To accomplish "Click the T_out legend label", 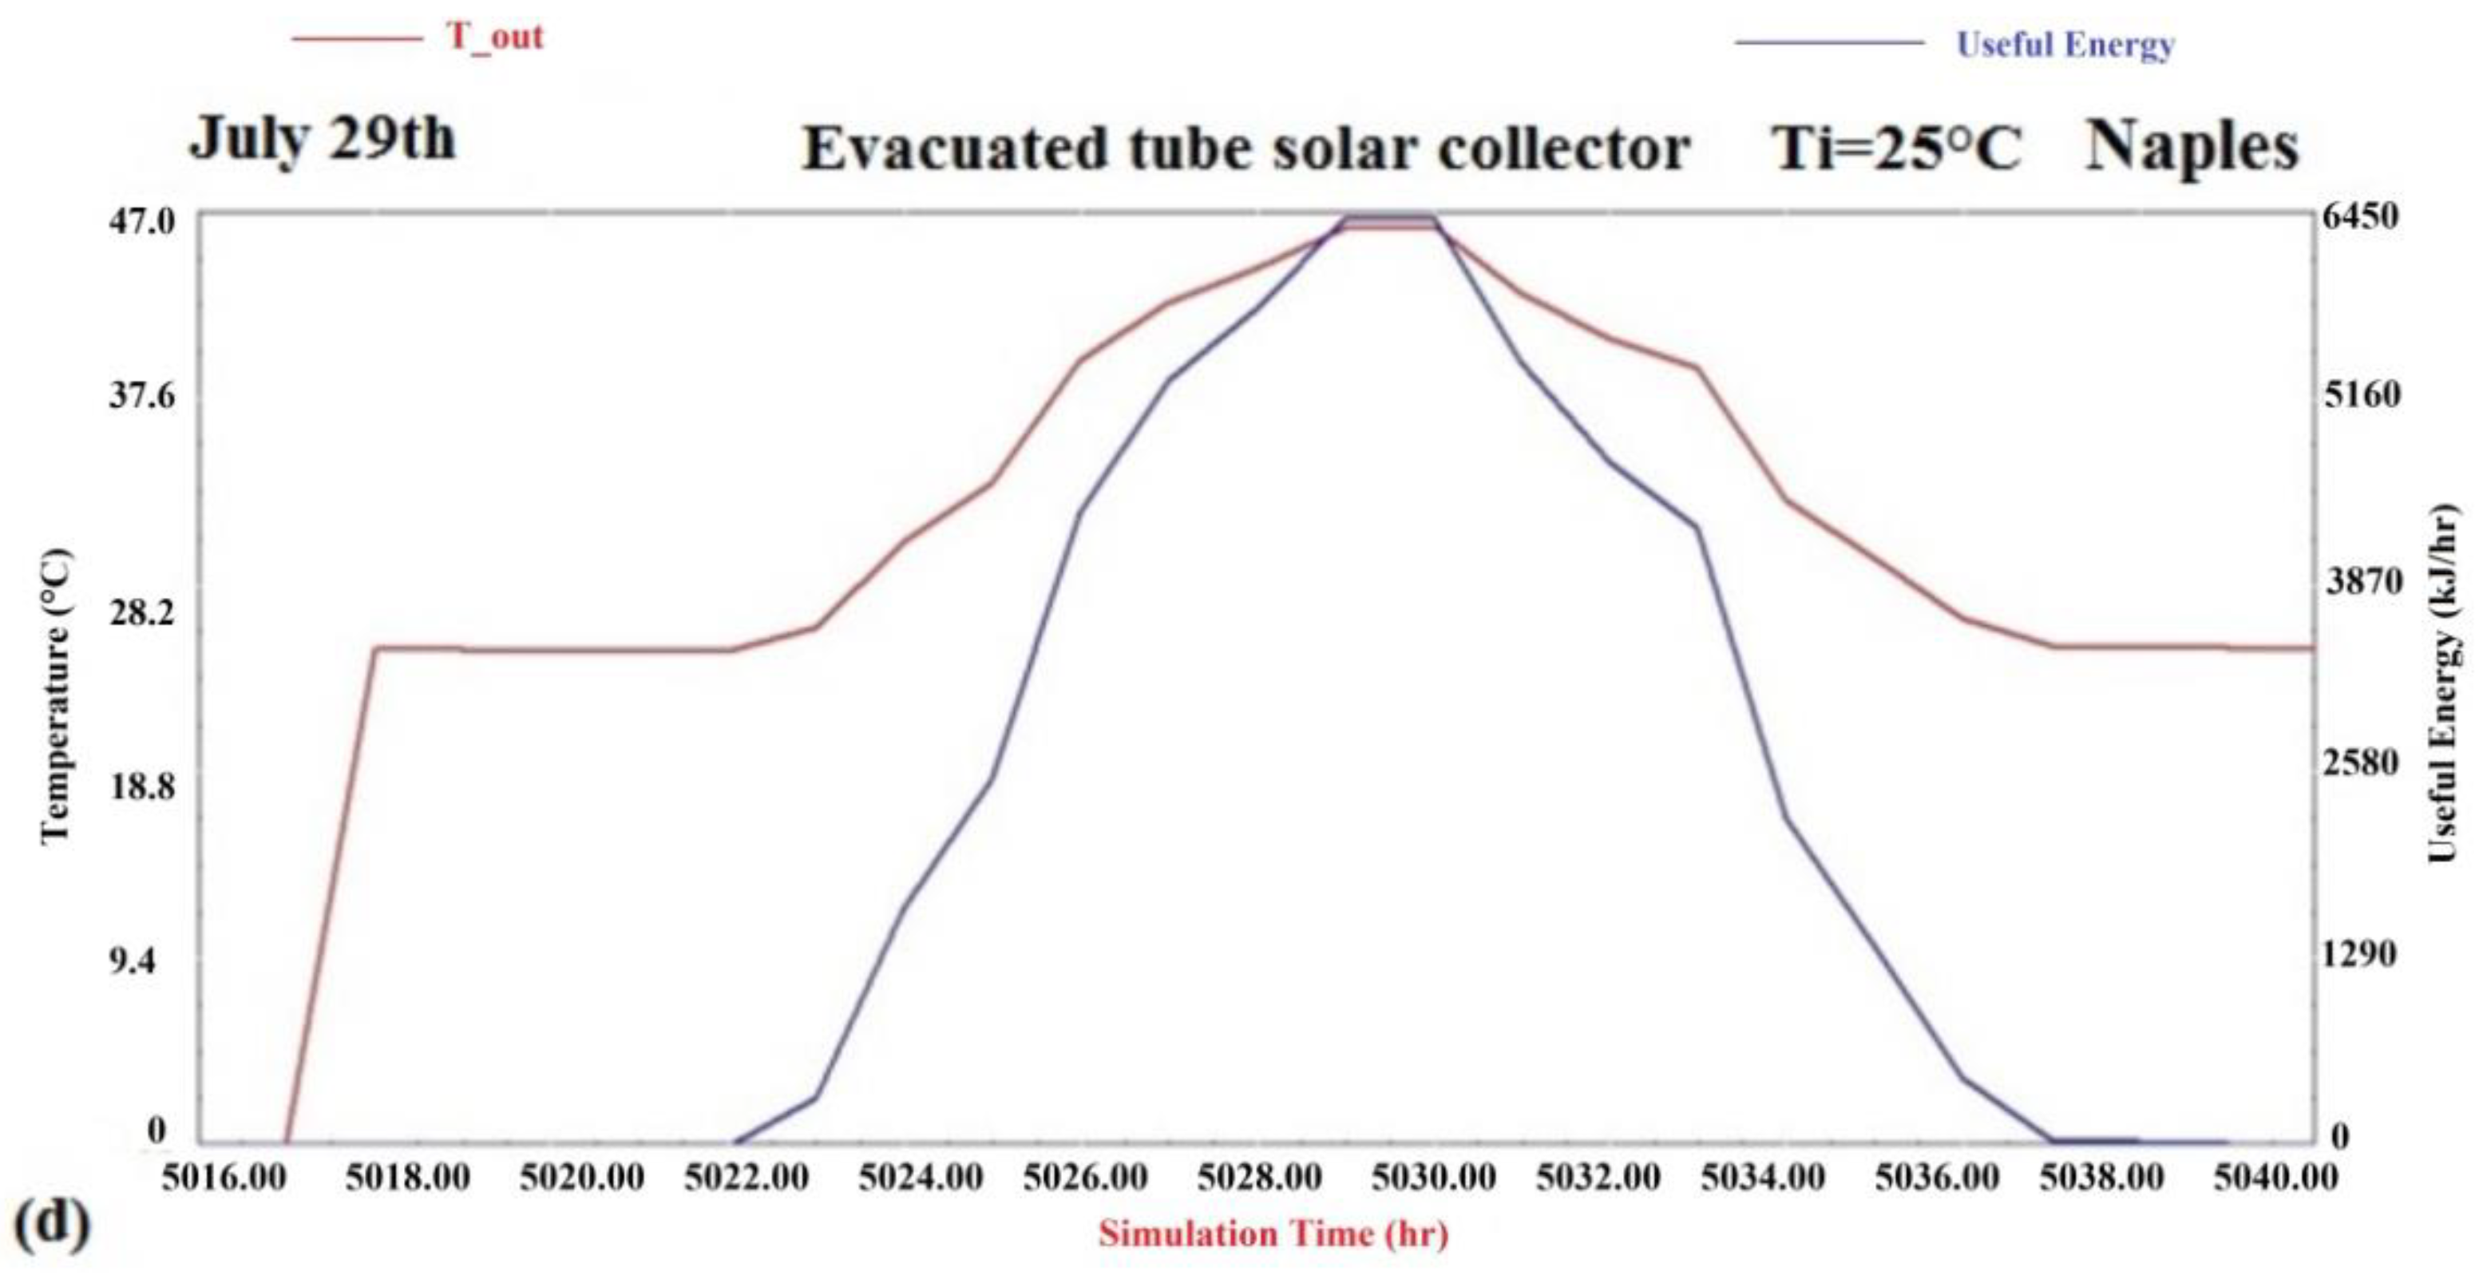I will pyautogui.click(x=494, y=37).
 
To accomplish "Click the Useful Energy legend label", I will pyautogui.click(x=2065, y=45).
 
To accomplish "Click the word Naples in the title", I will pyautogui.click(x=2192, y=148).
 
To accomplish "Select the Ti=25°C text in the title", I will pyautogui.click(x=1896, y=149).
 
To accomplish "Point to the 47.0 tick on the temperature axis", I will pyautogui.click(x=141, y=222).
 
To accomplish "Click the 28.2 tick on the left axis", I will pyautogui.click(x=141, y=612).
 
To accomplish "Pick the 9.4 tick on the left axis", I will pyautogui.click(x=131, y=962).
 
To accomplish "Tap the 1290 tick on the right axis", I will pyautogui.click(x=2358, y=954).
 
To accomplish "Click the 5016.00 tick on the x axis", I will pyautogui.click(x=224, y=1178).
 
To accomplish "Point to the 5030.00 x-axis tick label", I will pyautogui.click(x=1433, y=1178).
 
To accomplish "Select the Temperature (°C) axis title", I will pyautogui.click(x=56, y=696).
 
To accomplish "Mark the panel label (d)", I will pyautogui.click(x=52, y=1223).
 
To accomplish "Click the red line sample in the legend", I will pyautogui.click(x=357, y=38).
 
